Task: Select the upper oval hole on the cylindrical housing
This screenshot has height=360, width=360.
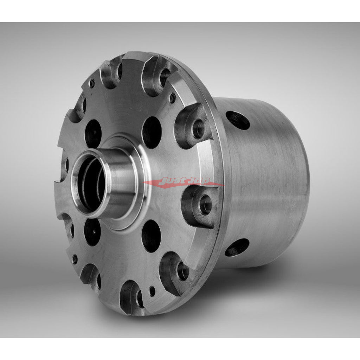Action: tap(238, 120)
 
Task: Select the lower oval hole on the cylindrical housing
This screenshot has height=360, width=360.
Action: tap(237, 247)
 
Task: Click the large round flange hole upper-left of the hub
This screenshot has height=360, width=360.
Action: tap(93, 133)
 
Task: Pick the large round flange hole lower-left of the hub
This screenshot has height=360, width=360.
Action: tap(92, 232)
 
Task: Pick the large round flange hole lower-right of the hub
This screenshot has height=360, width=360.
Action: tap(151, 236)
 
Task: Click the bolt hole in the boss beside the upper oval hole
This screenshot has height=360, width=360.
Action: tap(199, 129)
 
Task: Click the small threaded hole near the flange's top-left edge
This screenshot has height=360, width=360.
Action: tap(92, 83)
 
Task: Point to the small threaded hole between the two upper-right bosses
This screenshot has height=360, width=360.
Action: tap(173, 98)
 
